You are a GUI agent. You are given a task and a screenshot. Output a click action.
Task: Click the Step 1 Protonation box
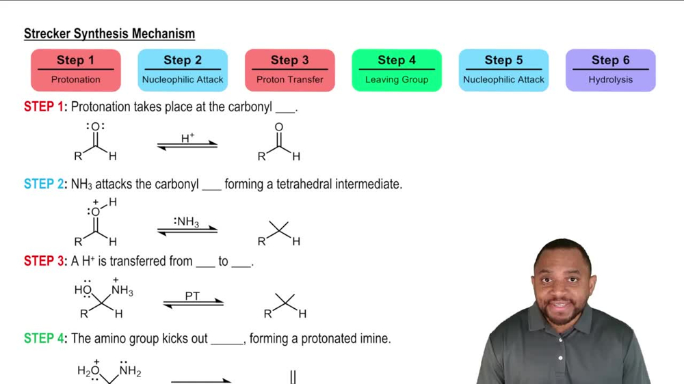[x=76, y=70]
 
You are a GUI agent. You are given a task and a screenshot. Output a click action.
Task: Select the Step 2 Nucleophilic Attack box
[x=183, y=70]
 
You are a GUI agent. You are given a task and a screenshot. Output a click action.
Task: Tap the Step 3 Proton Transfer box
[x=290, y=70]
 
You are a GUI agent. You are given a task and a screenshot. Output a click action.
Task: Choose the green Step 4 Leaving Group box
[x=397, y=70]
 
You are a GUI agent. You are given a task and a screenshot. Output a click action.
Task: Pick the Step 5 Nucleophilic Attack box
[x=503, y=70]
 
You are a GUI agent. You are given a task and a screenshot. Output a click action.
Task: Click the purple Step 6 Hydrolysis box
[x=610, y=70]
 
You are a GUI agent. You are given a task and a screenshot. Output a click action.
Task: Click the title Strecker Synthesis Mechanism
[x=109, y=33]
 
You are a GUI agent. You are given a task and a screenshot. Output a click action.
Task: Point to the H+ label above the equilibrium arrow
[x=187, y=138]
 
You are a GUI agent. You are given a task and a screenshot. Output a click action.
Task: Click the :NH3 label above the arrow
[x=187, y=221]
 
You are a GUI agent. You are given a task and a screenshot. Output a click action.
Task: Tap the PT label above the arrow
[x=193, y=297]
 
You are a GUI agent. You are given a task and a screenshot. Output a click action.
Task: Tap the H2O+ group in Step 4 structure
[x=88, y=371]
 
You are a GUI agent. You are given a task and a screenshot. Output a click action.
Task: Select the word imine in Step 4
[x=375, y=339]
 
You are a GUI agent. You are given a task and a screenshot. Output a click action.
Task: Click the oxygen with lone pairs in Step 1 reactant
[x=95, y=127]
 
